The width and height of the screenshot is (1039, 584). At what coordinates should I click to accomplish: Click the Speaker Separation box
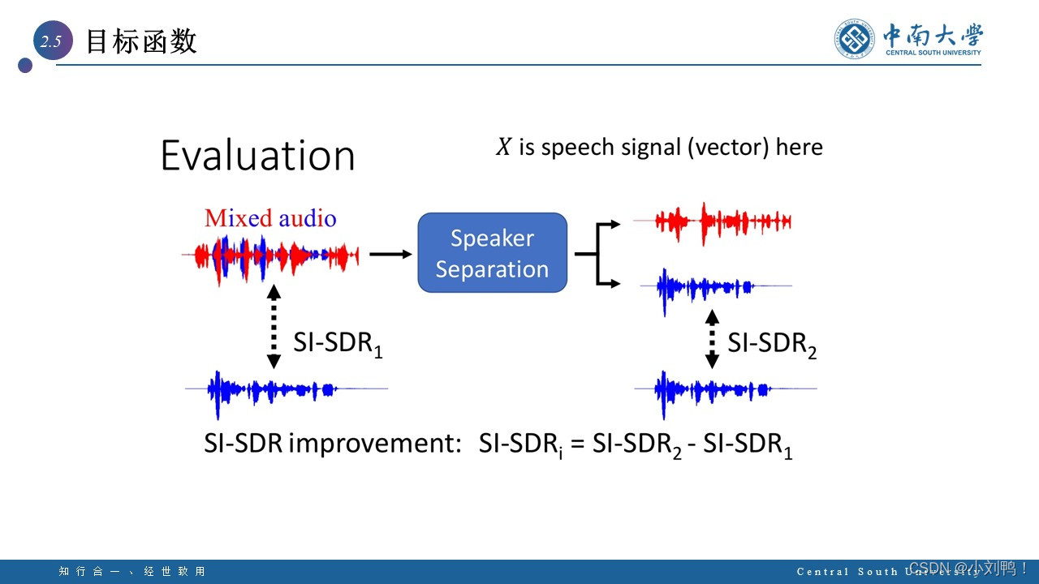tap(492, 252)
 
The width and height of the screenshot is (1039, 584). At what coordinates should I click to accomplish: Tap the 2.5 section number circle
tap(53, 41)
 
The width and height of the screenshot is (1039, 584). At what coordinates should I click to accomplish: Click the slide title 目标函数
tap(141, 41)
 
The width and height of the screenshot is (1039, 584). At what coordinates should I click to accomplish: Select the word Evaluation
tap(257, 155)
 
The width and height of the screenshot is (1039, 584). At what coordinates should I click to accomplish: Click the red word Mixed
tap(238, 218)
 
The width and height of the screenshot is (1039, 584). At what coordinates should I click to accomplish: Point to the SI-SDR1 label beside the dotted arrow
tap(338, 344)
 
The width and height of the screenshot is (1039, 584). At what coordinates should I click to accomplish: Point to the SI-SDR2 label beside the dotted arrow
tap(772, 344)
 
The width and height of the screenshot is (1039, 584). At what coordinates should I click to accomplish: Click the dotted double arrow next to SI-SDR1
tap(274, 327)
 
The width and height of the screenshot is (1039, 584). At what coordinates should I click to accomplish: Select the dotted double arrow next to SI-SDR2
tap(712, 339)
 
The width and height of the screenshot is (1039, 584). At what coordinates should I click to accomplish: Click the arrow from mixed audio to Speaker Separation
tap(390, 254)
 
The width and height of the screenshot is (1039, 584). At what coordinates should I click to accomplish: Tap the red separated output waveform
tap(713, 222)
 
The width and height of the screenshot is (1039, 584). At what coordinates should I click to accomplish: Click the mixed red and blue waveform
tap(270, 257)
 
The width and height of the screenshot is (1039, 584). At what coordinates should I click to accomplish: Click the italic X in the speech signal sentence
tap(503, 147)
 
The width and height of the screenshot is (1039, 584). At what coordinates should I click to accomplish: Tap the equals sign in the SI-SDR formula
tap(577, 444)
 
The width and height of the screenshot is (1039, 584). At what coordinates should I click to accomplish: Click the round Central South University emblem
tap(855, 39)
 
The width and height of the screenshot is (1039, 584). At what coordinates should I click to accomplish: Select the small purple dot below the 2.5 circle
tap(25, 66)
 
